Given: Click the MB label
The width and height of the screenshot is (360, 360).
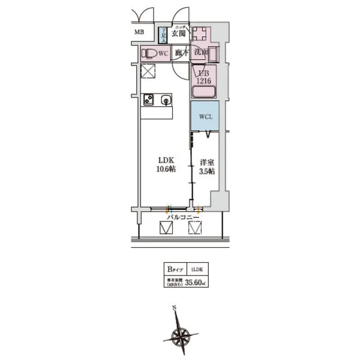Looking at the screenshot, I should [139, 32].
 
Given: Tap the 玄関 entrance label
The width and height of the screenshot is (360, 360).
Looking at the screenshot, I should [179, 34].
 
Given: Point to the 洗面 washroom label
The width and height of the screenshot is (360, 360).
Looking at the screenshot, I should [201, 52].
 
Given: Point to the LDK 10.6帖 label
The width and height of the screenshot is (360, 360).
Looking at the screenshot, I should [166, 164].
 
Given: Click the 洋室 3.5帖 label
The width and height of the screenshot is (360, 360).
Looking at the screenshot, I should [208, 166].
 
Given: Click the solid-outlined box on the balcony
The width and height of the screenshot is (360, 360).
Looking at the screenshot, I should [166, 229].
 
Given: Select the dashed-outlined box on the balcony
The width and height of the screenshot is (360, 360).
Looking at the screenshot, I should [196, 229].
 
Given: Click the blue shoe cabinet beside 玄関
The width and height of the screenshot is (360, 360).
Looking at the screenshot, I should [163, 35].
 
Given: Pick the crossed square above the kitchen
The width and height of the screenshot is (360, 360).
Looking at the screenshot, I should [148, 72].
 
